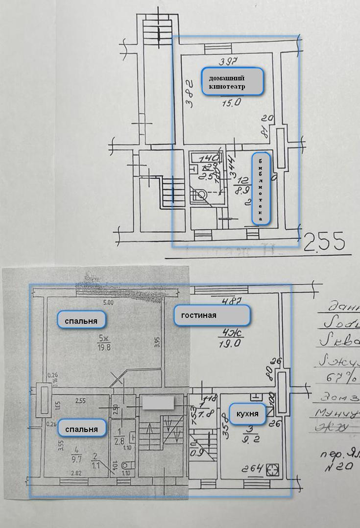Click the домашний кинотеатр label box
coord(233,81)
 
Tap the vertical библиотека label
coord(261,189)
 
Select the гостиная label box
coord(212,315)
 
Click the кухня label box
coord(247,414)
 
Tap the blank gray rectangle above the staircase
coord(158,403)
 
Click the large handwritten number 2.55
coord(325,242)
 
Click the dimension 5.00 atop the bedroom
coord(108,303)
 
